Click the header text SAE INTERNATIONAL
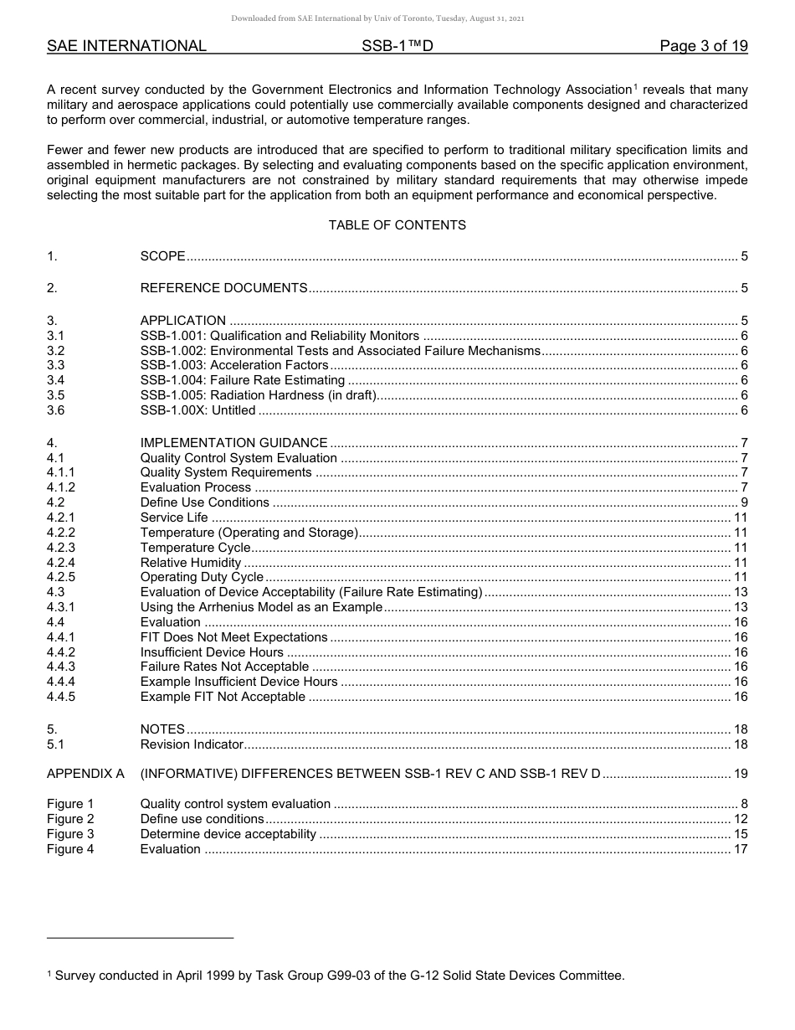tap(126, 46)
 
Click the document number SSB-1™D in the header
tap(397, 46)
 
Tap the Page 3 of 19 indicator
tap(703, 46)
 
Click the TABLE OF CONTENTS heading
tap(397, 225)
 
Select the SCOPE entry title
tap(162, 257)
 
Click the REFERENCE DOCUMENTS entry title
tap(223, 289)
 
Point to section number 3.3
tap(56, 365)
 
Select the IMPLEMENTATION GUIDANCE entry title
tap(233, 443)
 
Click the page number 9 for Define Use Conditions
tap(744, 502)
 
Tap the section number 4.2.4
tap(61, 563)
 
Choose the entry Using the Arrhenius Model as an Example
tap(261, 607)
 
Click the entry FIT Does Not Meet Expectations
tap(233, 637)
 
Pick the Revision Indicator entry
tap(192, 744)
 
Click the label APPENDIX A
tap(85, 774)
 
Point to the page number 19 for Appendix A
tap(740, 774)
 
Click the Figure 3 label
tap(70, 834)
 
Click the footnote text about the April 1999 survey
tap(336, 976)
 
